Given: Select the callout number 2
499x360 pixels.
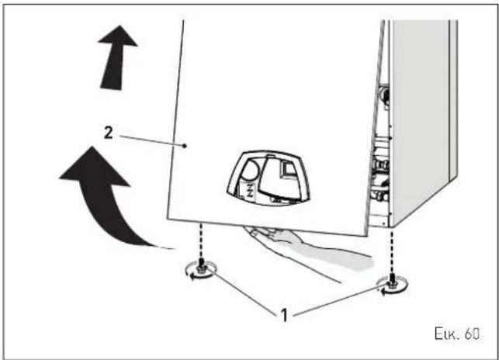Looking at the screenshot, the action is coord(109,133).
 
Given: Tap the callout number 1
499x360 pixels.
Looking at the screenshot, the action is coord(284,315).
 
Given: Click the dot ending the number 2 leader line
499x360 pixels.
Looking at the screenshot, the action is coord(185,146).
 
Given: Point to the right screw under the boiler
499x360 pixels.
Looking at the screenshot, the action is coord(392,281).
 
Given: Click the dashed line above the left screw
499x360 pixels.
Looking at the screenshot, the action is coord(201,241).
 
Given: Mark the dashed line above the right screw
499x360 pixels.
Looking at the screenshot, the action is coord(392,251).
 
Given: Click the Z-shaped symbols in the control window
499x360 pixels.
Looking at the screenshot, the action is coord(250,190).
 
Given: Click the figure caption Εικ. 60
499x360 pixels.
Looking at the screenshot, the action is coord(456,334).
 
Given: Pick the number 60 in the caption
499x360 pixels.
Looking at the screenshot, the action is coord(471,334).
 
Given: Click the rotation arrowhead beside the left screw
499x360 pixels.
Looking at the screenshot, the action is coord(192,278).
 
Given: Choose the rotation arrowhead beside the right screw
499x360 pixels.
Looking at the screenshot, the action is coord(384,291).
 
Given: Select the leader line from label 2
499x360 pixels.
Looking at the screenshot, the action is coord(151,141).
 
